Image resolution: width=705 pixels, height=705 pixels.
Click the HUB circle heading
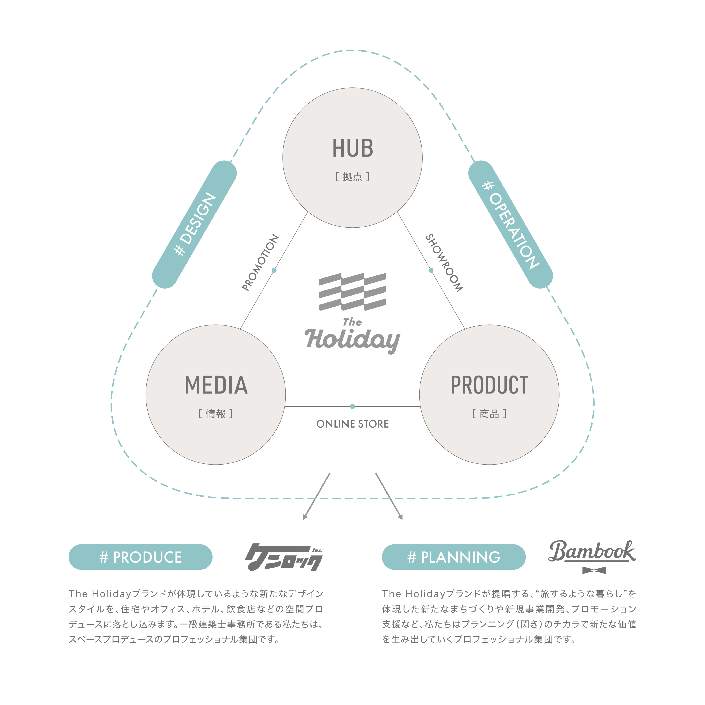click(x=352, y=148)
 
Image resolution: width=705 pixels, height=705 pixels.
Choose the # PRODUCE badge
click(x=140, y=557)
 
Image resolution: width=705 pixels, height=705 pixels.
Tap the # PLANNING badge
click(x=454, y=557)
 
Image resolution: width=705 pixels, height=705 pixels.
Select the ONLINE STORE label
click(x=352, y=424)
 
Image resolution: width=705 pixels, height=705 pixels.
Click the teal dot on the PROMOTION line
click(x=274, y=270)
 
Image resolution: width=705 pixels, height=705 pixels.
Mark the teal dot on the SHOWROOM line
click(x=431, y=270)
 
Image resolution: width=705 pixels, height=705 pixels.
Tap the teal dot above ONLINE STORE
click(x=352, y=406)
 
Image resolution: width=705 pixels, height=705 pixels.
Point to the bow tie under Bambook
click(x=594, y=570)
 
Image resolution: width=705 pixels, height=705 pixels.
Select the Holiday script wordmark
click(x=352, y=339)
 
